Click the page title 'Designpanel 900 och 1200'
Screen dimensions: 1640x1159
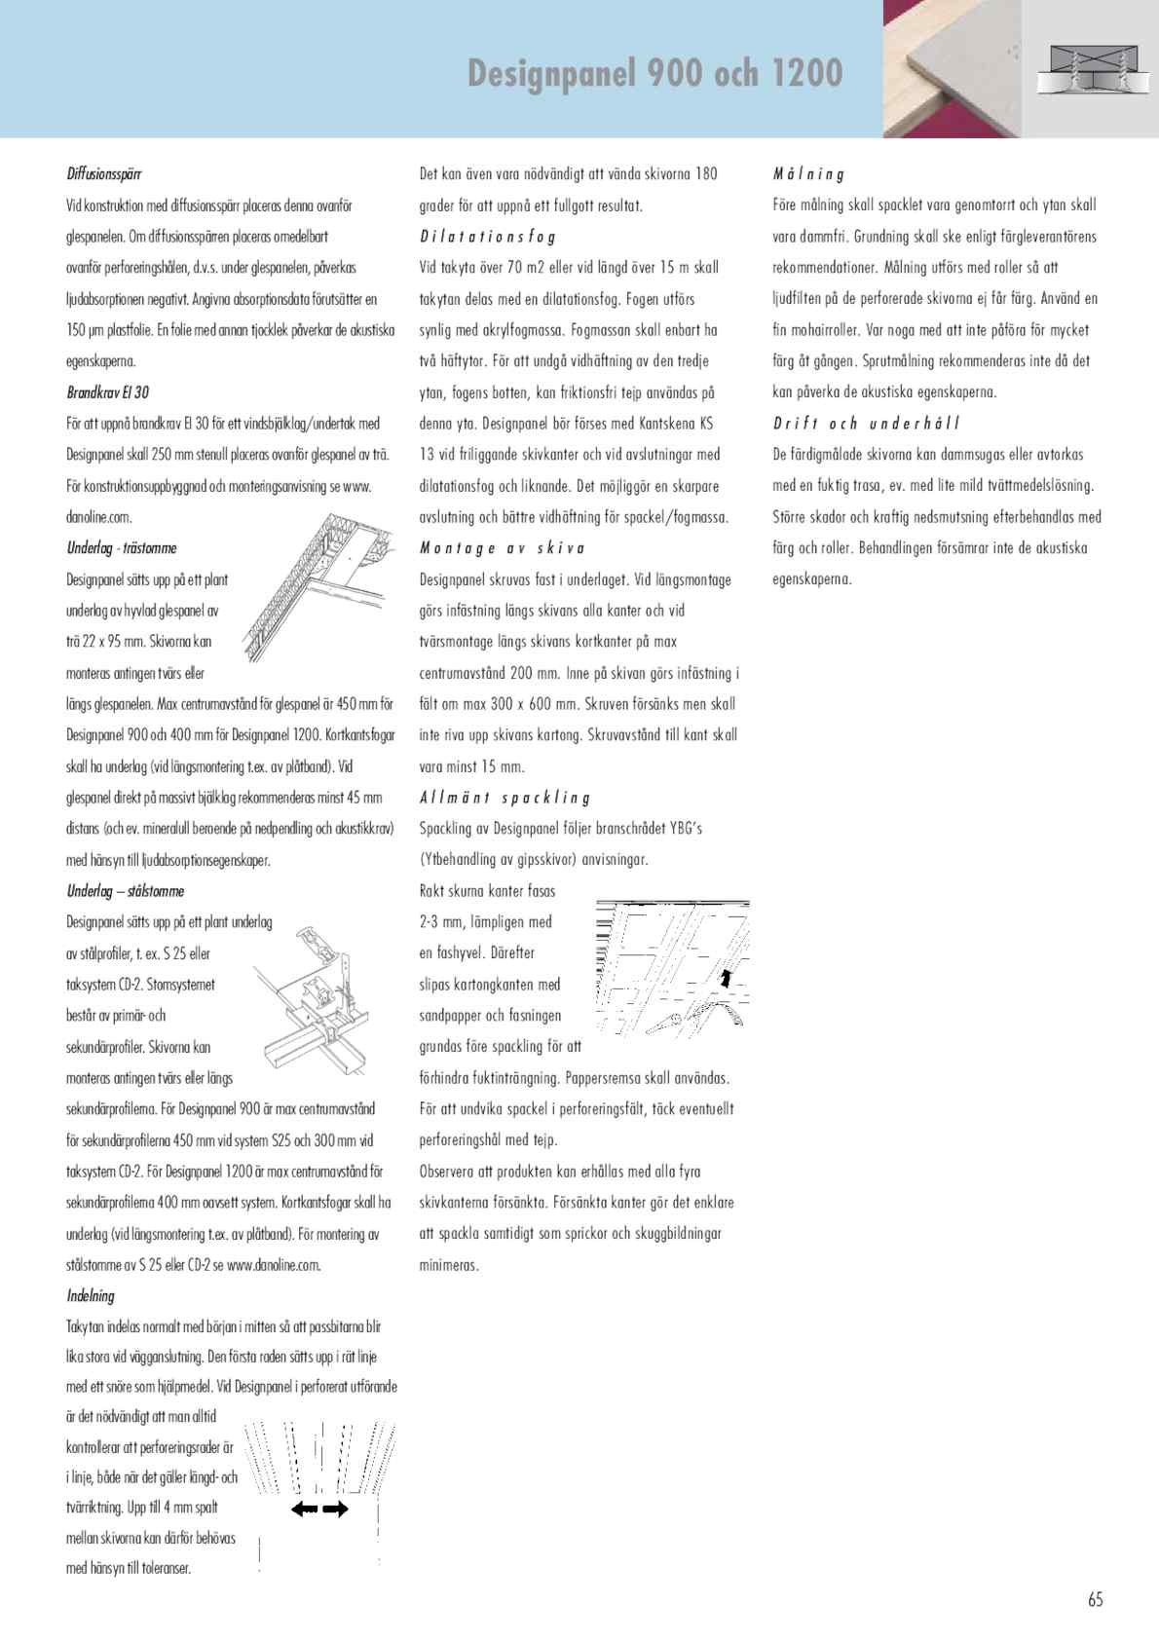[x=654, y=73]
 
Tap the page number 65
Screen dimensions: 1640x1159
[x=1096, y=1599]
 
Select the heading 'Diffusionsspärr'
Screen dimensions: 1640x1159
[x=104, y=174]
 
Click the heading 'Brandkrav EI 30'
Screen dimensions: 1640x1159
[x=107, y=392]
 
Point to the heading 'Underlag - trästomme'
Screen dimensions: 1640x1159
[x=122, y=548]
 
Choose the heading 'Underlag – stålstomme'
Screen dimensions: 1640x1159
[x=125, y=891]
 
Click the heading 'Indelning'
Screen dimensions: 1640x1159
[x=91, y=1296]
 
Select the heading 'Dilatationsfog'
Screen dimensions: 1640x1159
[x=487, y=237]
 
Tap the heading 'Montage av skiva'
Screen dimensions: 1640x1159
[x=502, y=548]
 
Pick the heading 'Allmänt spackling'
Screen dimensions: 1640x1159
[x=505, y=798]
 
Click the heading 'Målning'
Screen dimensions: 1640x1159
[x=808, y=174]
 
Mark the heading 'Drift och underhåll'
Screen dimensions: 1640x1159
[x=866, y=424]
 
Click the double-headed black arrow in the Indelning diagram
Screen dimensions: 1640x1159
[x=319, y=1510]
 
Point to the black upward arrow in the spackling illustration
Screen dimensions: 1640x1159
[x=725, y=978]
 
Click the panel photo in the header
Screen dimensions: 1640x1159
[x=953, y=68]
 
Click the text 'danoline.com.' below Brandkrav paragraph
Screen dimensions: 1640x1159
[x=99, y=517]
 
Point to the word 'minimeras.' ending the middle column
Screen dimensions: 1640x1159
[x=449, y=1265]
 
